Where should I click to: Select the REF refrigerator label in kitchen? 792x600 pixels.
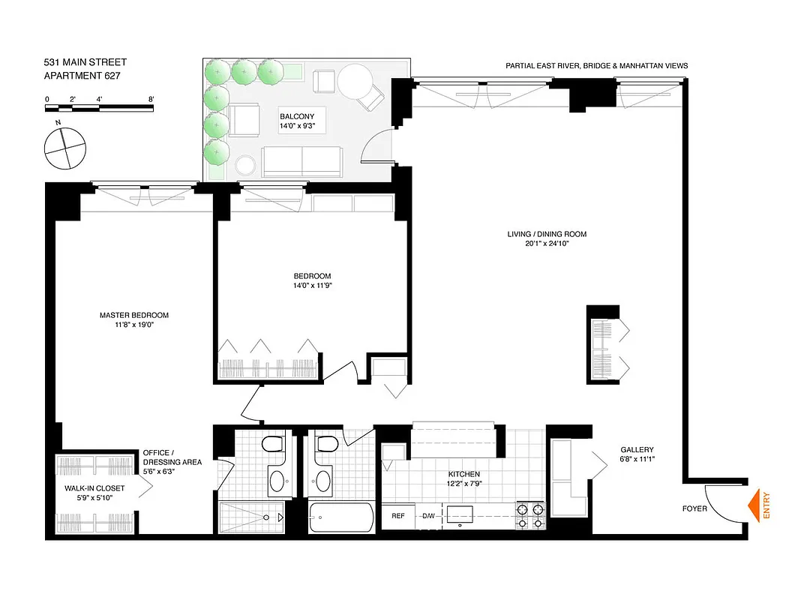(x=398, y=515)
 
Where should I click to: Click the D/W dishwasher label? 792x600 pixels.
(x=428, y=515)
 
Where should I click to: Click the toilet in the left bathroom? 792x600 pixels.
(x=271, y=448)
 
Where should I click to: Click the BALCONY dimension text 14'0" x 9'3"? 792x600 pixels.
(x=302, y=127)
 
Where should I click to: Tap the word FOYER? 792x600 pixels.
(x=694, y=508)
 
